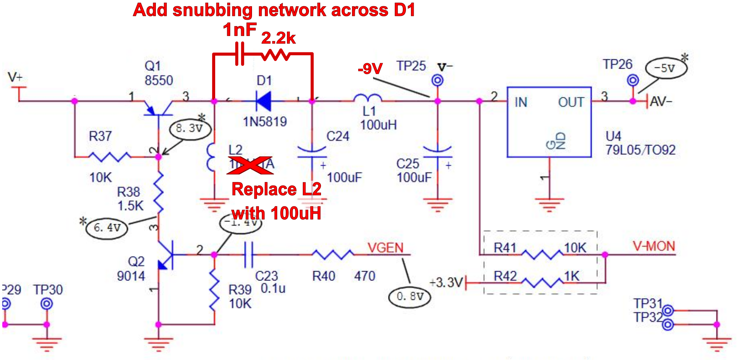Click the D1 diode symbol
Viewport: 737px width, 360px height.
[x=264, y=101]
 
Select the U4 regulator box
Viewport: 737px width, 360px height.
[x=549, y=122]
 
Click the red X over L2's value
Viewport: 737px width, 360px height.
[x=250, y=164]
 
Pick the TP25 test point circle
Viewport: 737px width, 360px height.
[x=437, y=81]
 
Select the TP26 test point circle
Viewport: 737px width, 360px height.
[x=633, y=81]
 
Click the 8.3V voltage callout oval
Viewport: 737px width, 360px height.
[x=190, y=129]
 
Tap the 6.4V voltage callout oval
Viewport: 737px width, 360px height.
[x=107, y=228]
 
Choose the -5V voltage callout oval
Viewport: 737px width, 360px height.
[x=666, y=68]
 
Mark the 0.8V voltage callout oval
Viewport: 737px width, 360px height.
[x=409, y=297]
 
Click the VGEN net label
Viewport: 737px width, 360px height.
[x=385, y=247]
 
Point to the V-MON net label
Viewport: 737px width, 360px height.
[x=654, y=246]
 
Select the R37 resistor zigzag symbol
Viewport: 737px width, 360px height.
[x=110, y=157]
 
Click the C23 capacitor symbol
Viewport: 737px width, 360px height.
[x=249, y=254]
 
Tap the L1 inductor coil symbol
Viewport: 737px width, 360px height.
[x=368, y=98]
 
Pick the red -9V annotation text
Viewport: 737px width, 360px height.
[x=370, y=69]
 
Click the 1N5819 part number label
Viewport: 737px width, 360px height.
[x=265, y=122]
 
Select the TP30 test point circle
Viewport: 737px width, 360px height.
[x=47, y=304]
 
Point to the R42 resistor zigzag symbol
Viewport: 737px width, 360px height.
[x=542, y=283]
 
